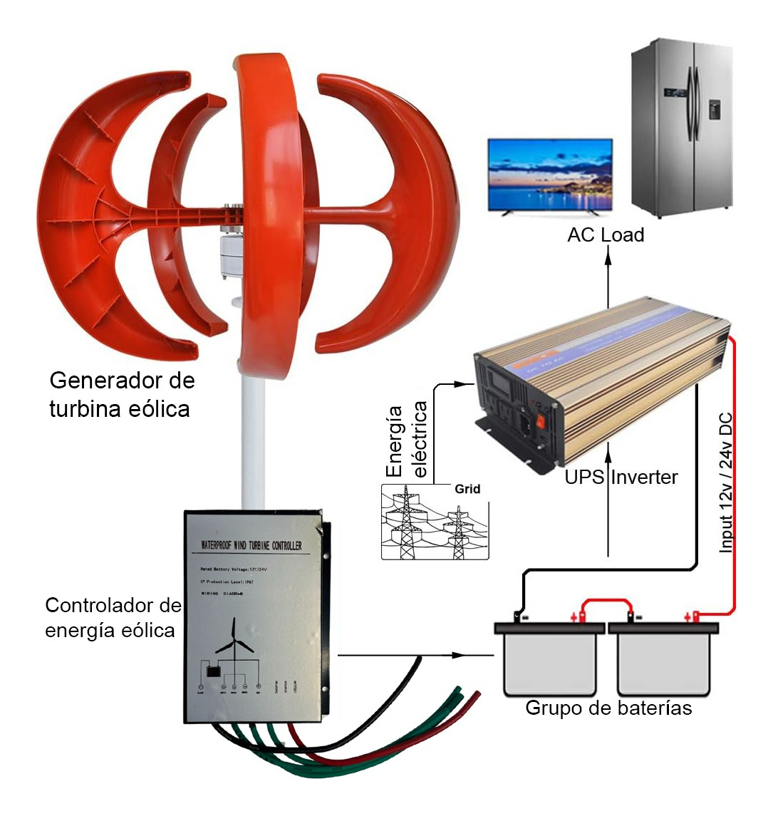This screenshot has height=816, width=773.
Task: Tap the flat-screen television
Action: (x=549, y=175)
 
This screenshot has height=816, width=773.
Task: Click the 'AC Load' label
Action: (x=606, y=235)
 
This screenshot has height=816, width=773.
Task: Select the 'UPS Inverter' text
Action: (x=621, y=477)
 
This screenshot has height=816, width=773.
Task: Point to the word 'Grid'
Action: (x=467, y=489)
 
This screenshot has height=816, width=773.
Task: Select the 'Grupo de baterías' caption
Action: (x=608, y=708)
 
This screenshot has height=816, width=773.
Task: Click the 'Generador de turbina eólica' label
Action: (x=121, y=394)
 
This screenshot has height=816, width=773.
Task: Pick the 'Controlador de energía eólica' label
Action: (x=113, y=617)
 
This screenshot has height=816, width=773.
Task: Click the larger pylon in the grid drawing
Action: (x=406, y=524)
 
